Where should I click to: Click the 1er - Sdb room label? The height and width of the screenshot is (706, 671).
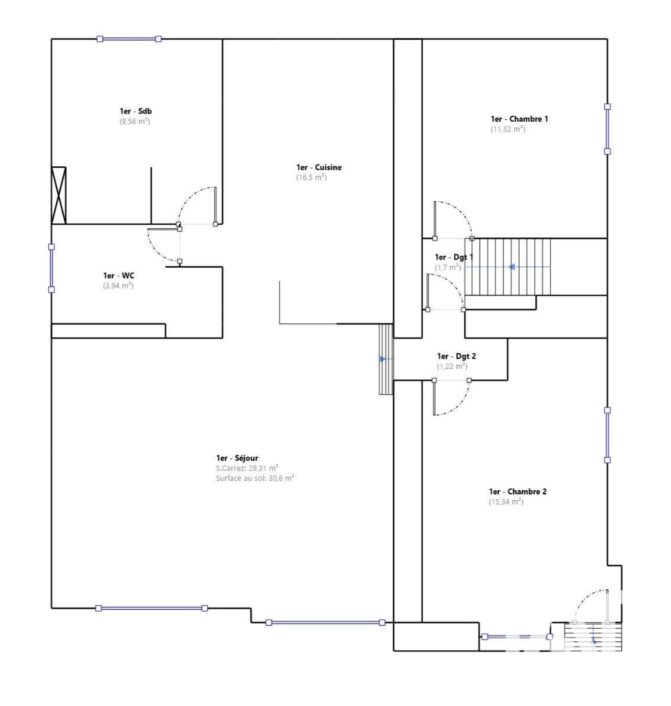click(x=135, y=111)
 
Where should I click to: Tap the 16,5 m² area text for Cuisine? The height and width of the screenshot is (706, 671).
click(x=311, y=177)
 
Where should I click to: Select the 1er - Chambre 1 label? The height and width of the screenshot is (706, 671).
click(x=519, y=119)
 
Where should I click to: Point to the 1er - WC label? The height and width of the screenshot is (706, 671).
click(x=118, y=276)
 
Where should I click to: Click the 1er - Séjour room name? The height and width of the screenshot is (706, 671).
click(x=237, y=458)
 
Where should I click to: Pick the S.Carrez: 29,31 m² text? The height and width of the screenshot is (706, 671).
click(x=247, y=468)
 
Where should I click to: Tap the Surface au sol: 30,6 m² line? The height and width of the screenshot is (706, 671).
click(x=255, y=478)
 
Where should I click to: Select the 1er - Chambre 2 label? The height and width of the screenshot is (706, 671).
click(x=517, y=492)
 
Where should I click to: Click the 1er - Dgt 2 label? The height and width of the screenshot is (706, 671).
click(x=456, y=356)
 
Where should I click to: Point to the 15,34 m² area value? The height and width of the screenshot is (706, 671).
click(x=506, y=502)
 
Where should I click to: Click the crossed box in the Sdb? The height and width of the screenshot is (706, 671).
click(x=58, y=195)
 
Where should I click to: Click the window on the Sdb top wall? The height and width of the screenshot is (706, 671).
click(x=129, y=39)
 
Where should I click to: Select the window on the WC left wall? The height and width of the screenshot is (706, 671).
click(x=51, y=268)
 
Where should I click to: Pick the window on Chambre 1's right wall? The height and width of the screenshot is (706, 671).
click(x=607, y=129)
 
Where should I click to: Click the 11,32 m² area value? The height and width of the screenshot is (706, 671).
click(x=507, y=129)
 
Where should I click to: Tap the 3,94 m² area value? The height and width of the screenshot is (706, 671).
click(x=118, y=286)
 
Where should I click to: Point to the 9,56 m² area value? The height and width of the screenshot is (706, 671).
click(x=134, y=121)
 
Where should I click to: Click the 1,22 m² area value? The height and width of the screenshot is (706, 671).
click(x=452, y=366)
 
